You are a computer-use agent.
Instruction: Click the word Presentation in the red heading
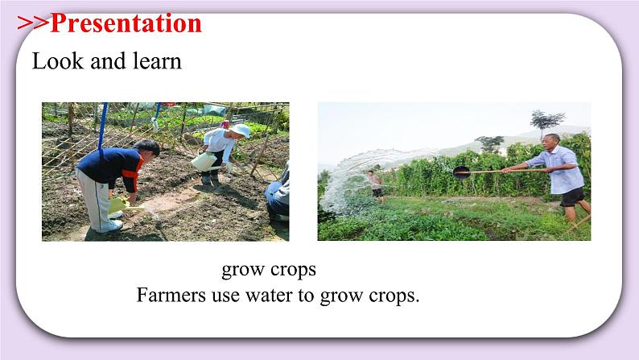pos(126,23)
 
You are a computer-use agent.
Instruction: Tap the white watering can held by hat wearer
pos(202,160)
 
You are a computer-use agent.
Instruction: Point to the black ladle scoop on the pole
pos(461,172)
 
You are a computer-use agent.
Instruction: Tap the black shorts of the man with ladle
pos(572,196)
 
